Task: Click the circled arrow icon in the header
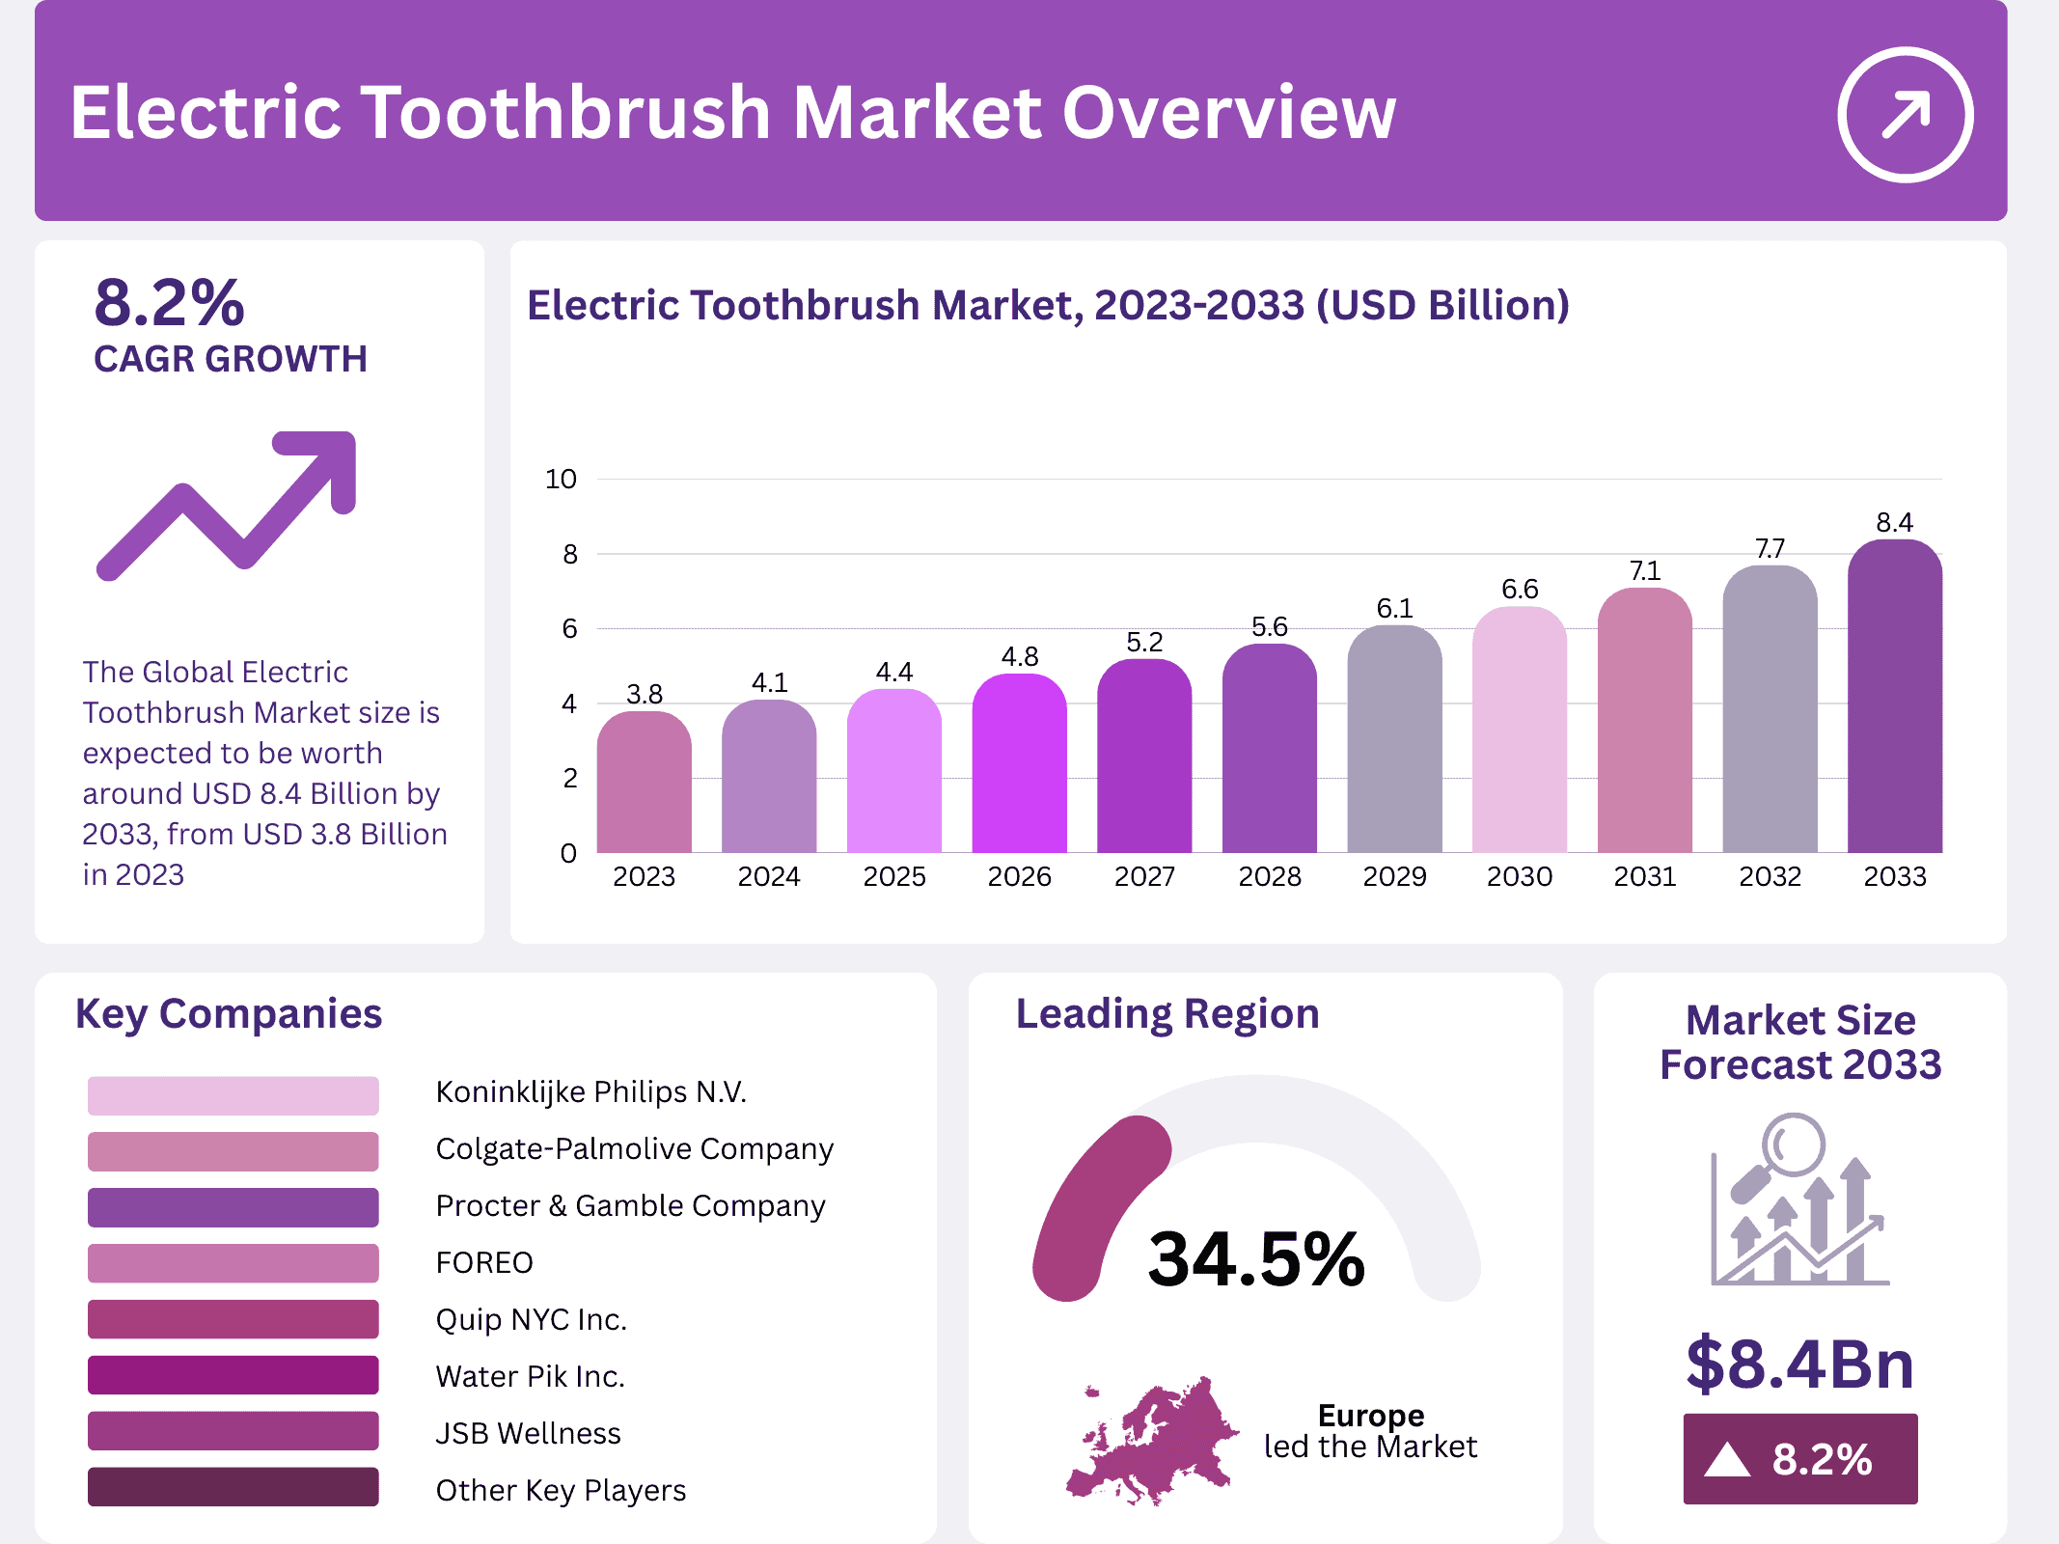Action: (x=1905, y=115)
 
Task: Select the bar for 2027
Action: (x=1144, y=758)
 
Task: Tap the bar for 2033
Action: (x=1894, y=700)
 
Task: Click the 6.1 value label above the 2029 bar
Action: (x=1394, y=609)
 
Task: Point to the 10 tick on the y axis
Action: (x=561, y=480)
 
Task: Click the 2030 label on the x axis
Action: (x=1519, y=877)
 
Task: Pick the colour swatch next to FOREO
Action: (x=233, y=1263)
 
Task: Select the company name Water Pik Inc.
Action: (x=530, y=1377)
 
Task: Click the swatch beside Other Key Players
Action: (x=233, y=1487)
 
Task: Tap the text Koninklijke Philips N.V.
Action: (x=590, y=1092)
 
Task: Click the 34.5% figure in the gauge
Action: (x=1255, y=1259)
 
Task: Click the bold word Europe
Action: (x=1370, y=1416)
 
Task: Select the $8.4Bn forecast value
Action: (x=1799, y=1365)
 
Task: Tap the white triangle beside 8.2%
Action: (x=1726, y=1459)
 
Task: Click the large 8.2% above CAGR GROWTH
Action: (x=170, y=303)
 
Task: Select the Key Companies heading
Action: (x=229, y=1014)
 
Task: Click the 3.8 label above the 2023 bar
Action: (x=644, y=695)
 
